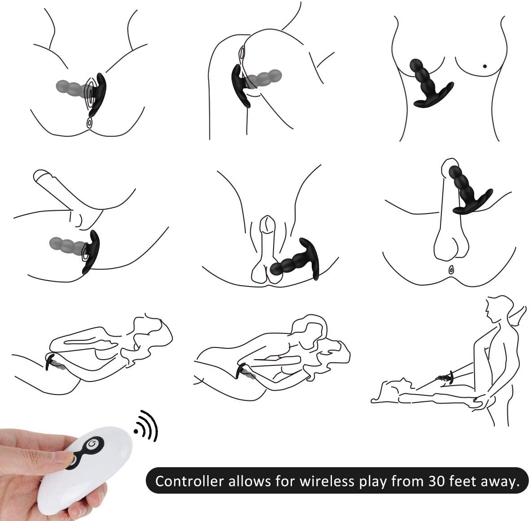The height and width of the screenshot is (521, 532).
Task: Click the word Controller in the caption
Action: pyautogui.click(x=189, y=481)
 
